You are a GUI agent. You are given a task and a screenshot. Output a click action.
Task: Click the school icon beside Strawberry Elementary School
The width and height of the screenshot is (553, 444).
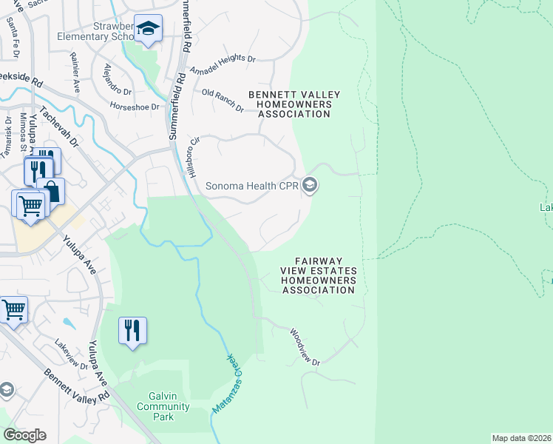click(x=149, y=30)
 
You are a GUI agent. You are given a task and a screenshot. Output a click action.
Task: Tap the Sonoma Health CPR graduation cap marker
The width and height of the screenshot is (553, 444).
click(x=310, y=185)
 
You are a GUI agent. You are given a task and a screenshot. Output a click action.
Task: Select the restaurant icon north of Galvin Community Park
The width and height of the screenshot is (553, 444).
click(x=132, y=330)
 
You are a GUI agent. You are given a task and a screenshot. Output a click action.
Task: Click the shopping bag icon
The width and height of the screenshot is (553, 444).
click(x=51, y=192)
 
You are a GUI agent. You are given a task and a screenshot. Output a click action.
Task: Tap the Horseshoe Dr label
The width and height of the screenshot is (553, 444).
click(x=135, y=107)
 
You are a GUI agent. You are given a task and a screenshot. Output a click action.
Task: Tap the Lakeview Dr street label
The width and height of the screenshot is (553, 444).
click(x=71, y=351)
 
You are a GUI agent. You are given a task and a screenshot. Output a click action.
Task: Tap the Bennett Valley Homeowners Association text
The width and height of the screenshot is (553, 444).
click(x=294, y=104)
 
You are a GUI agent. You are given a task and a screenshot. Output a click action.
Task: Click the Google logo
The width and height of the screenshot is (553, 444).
click(x=24, y=435)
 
